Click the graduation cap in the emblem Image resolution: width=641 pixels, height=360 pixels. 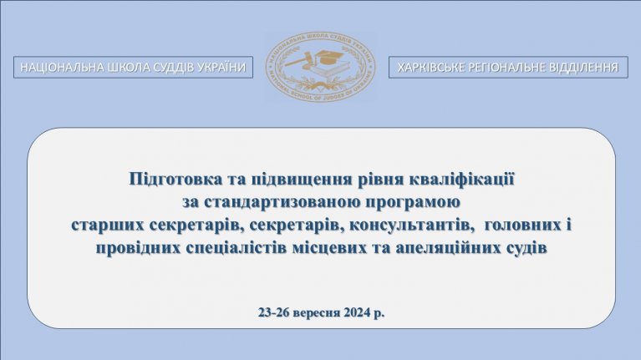tap(330, 58)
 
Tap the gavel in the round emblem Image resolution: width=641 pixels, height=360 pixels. tap(301, 60)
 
